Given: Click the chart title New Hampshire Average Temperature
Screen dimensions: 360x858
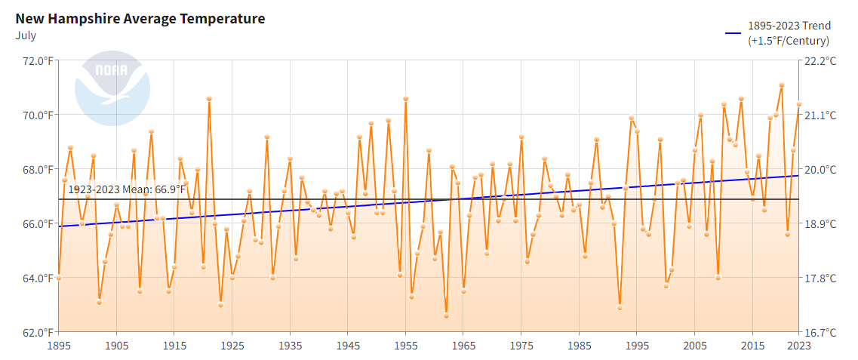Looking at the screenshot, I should pos(140,19).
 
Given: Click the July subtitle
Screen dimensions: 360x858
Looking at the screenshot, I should pos(26,35).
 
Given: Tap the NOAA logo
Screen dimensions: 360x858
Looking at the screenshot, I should pos(112,88).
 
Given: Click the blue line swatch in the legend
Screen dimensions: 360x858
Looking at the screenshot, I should pos(733,33).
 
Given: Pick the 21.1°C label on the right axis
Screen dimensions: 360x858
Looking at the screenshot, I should pos(823,115).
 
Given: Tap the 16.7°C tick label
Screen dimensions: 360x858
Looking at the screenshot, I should pos(823,332).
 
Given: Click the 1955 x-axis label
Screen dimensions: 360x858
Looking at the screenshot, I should pos(406,346).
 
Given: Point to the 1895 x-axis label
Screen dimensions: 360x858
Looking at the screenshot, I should pos(59,346).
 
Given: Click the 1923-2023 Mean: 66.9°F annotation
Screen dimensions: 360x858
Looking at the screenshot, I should pos(127,189).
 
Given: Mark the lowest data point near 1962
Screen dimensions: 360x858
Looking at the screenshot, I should pos(446,315).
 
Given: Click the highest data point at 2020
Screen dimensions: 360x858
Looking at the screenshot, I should pos(782,85).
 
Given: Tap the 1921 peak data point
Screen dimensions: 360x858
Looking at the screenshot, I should pos(209,98).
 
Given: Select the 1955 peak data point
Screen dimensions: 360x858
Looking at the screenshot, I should pos(406,98).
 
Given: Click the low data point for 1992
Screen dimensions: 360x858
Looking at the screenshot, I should pos(620,307).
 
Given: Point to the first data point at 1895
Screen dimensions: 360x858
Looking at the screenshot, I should pos(59,278).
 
